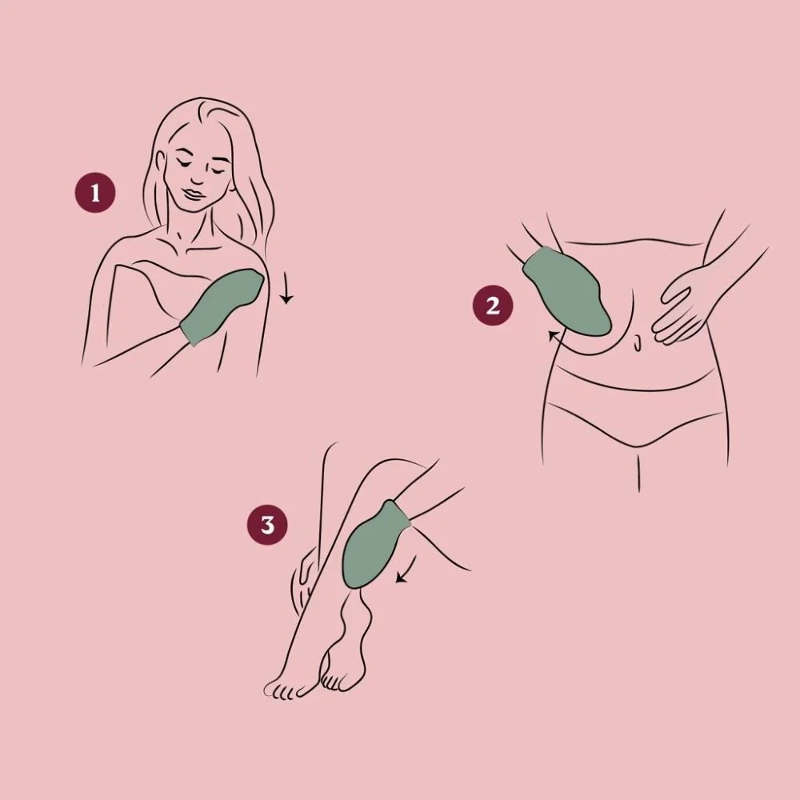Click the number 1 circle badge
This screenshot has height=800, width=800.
tap(95, 193)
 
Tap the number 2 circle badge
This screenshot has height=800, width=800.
tap(492, 306)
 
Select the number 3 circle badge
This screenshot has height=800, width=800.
tap(267, 525)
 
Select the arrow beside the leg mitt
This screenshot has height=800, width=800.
tap(406, 569)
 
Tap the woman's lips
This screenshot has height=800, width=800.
tap(193, 194)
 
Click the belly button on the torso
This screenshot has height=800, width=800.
tap(638, 343)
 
